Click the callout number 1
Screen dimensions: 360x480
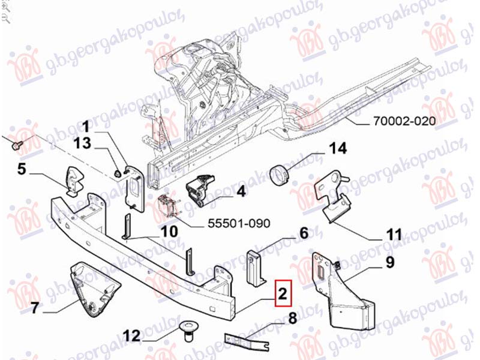point(86,127)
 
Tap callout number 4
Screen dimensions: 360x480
point(241,192)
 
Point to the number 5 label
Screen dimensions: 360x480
point(22,170)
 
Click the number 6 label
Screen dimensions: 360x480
point(304,233)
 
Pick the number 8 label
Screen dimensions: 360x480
point(293,318)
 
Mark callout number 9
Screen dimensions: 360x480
point(389,262)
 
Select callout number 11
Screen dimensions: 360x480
point(393,233)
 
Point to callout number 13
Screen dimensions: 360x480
point(83,143)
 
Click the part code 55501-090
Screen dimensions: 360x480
point(238,223)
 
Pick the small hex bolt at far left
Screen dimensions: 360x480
point(16,144)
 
